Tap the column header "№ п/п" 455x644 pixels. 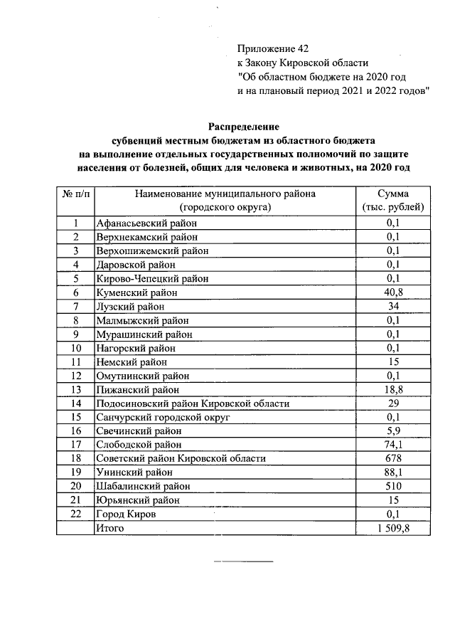click(x=75, y=194)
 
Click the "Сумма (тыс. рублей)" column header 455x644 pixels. click(x=393, y=200)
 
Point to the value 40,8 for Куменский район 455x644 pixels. click(x=393, y=292)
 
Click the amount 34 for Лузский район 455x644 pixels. click(x=393, y=306)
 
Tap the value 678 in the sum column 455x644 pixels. click(x=393, y=458)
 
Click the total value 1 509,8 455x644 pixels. click(x=393, y=528)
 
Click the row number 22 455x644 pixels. click(x=75, y=514)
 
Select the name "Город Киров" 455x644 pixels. click(x=126, y=514)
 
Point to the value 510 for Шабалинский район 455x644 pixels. click(x=393, y=486)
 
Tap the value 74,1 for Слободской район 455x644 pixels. click(x=393, y=445)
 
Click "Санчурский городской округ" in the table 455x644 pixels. click(x=163, y=417)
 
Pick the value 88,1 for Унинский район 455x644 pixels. click(x=393, y=473)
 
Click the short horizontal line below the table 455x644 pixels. click(x=244, y=562)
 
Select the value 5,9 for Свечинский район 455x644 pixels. click(x=393, y=431)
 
